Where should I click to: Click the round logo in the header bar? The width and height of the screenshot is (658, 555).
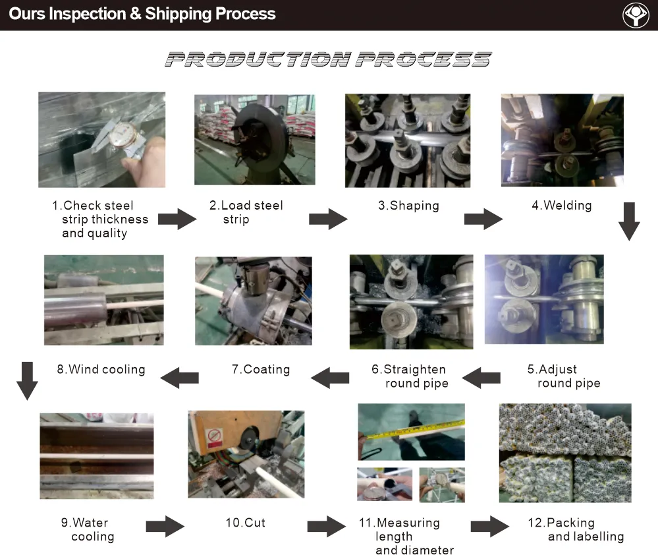pos(636,15)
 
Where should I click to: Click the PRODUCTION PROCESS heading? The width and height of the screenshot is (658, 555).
pos(328,60)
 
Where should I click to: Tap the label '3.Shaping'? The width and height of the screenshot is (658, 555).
pos(408,206)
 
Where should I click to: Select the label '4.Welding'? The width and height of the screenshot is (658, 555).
pos(562,206)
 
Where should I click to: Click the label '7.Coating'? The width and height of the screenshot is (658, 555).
pos(260,370)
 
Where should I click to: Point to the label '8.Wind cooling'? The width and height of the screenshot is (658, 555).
pos(101,370)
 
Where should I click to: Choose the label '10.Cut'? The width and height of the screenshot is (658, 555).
pos(245,523)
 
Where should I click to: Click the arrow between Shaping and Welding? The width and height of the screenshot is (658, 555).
pos(483,219)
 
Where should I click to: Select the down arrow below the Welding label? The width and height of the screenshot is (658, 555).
pos(629,221)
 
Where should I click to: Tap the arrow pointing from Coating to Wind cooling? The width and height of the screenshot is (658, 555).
pos(180,378)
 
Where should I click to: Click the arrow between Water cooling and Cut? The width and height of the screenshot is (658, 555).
pos(165,526)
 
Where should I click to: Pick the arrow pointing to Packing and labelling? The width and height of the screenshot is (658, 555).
pos(489,526)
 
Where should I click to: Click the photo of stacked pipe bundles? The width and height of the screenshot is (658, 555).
pos(565,453)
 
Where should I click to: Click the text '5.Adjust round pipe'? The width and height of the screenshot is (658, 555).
pos(563,376)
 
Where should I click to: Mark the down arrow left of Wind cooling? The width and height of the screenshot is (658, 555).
pos(26,380)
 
